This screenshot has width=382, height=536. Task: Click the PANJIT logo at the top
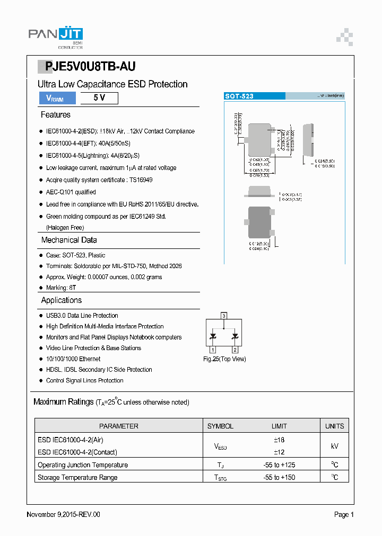(55, 37)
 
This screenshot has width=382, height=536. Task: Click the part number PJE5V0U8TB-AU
(90, 66)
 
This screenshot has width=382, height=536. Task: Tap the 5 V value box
(99, 98)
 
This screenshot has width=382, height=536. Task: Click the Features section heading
(55, 115)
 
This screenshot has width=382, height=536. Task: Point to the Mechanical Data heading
(69, 240)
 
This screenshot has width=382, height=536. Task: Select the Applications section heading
(62, 300)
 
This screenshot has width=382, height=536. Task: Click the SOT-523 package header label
(239, 96)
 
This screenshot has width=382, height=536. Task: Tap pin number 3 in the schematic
(224, 316)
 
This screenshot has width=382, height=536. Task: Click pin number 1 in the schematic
(213, 350)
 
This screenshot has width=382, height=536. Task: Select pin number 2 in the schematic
(235, 350)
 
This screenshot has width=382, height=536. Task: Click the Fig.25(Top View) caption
(224, 359)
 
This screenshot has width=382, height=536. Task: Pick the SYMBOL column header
(220, 426)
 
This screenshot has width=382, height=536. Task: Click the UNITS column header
(334, 426)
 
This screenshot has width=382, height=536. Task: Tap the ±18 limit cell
(279, 440)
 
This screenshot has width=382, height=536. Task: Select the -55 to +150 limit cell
(279, 477)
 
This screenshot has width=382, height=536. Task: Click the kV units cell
(334, 446)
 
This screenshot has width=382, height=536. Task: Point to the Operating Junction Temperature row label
(83, 465)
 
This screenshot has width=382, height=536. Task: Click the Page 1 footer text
(344, 514)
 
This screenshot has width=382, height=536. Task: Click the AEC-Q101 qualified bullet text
(71, 192)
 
